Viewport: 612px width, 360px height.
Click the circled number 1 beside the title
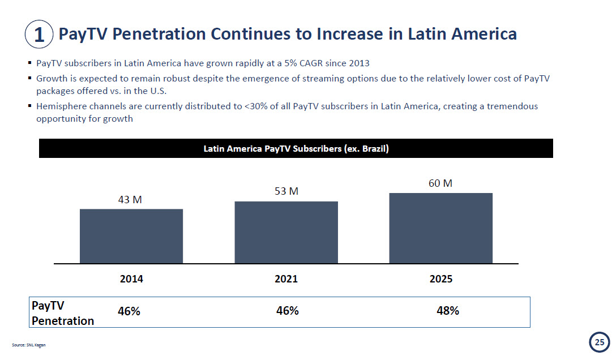coord(39,35)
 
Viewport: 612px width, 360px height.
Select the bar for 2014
coord(131,236)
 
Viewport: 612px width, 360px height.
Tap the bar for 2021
coord(286,232)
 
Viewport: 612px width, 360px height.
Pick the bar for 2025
coord(440,228)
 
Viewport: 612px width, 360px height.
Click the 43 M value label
coord(130,199)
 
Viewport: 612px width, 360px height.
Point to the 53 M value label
coord(286,191)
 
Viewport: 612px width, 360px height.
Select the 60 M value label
coord(440,183)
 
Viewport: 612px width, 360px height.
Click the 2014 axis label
coord(131,279)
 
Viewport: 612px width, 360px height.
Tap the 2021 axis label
coord(286,279)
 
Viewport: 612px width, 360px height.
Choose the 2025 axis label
coord(440,279)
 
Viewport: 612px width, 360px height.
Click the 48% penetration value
coord(447,311)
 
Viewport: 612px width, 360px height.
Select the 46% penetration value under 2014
coord(129,311)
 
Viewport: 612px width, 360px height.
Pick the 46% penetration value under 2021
coord(287,311)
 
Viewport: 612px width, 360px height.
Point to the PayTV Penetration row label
coord(62,313)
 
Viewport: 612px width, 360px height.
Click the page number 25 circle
coord(599,342)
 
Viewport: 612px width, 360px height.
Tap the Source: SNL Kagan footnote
coord(28,345)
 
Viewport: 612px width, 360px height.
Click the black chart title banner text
coord(296,149)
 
